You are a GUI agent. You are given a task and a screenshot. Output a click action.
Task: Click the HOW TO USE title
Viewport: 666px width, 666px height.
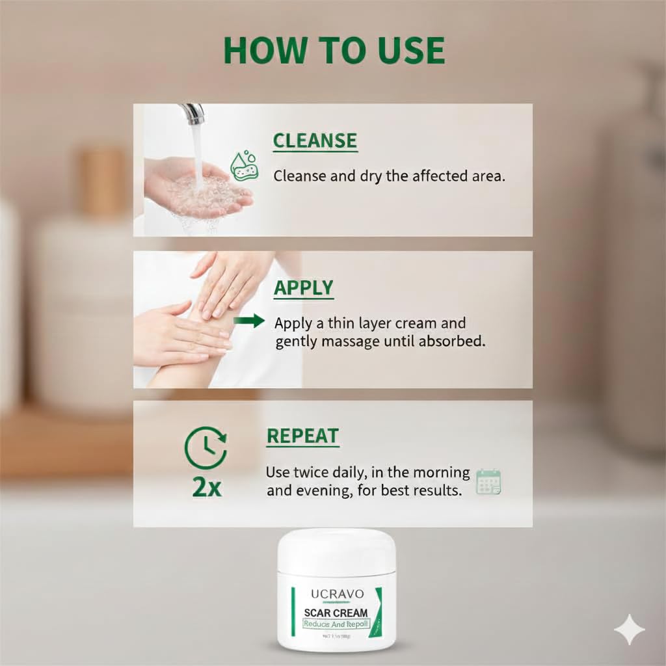coord(334,51)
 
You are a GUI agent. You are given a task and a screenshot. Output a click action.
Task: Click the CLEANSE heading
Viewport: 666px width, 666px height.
coord(315,141)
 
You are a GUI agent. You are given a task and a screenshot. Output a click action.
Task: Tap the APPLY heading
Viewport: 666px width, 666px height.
coord(303,288)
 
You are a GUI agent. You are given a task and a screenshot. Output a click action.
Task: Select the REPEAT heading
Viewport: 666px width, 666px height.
coord(302,436)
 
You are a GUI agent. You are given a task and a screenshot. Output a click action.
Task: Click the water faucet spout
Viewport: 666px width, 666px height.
coord(193,115)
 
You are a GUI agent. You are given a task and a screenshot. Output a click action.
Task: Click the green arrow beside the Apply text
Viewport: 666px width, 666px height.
coord(250,321)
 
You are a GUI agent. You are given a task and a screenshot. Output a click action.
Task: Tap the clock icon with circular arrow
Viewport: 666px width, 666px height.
coord(206,447)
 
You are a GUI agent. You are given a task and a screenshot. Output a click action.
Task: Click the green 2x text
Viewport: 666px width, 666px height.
coord(207,488)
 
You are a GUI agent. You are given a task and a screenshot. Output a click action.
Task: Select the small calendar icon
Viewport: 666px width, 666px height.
coord(488,482)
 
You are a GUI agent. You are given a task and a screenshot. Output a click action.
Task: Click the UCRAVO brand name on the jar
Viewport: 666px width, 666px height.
coord(336,593)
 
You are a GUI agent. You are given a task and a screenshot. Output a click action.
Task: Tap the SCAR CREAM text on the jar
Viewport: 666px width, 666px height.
coord(336,613)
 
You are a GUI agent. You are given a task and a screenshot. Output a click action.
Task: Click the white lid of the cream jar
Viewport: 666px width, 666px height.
coord(336,550)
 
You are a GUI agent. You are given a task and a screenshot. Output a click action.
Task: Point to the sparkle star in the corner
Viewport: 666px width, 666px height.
coord(630,629)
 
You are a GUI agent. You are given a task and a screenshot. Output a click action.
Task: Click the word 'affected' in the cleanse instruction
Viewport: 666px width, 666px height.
coord(418,176)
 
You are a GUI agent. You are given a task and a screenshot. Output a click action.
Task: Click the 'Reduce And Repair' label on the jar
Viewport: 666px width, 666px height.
coord(336,624)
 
